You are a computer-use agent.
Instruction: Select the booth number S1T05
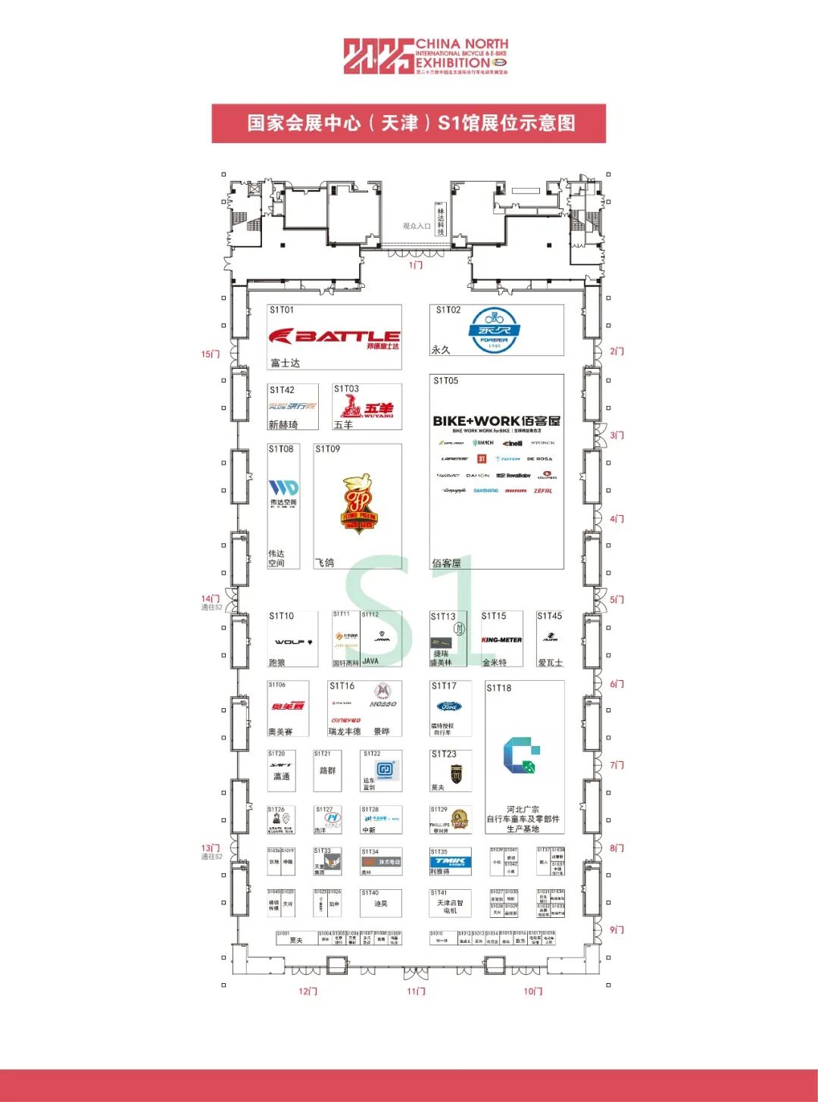pos(445,381)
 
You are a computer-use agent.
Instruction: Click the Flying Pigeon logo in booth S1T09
pos(357,503)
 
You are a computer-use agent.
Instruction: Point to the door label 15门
pos(211,354)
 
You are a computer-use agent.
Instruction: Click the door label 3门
pos(617,435)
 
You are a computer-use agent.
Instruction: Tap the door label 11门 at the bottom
pos(416,991)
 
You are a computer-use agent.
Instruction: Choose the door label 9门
pos(617,930)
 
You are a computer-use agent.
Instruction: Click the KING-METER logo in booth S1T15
pos(501,640)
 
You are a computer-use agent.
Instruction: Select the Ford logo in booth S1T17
pos(449,707)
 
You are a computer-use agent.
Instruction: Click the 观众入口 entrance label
pos(417,226)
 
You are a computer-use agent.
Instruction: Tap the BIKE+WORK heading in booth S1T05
pos(496,421)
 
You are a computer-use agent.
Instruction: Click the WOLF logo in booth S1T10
pos(293,642)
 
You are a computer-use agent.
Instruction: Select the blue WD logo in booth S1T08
pos(283,488)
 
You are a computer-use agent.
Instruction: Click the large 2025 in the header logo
pos(379,57)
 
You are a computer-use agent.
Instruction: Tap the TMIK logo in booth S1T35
pos(450,862)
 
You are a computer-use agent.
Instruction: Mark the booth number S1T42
pos(282,390)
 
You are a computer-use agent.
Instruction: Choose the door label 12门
pos(308,991)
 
